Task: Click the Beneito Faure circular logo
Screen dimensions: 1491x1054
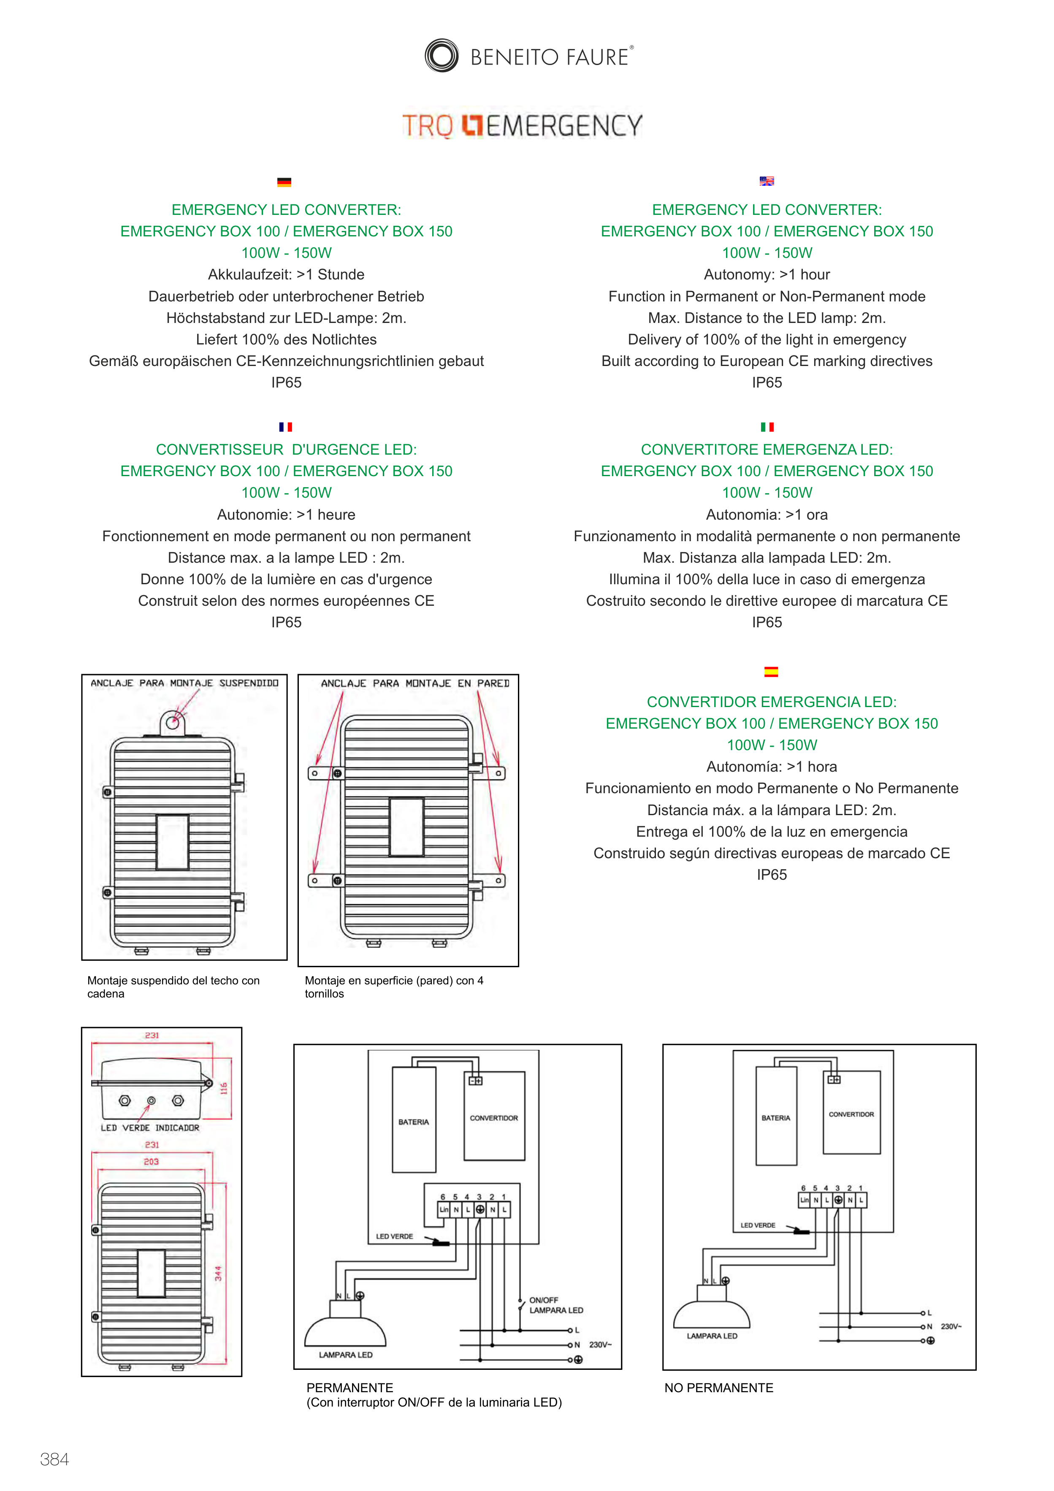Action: click(x=442, y=55)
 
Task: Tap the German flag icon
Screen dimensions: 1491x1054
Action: click(x=284, y=182)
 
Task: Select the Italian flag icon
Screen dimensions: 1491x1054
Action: click(x=767, y=427)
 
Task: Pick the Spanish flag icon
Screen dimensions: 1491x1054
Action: click(x=771, y=672)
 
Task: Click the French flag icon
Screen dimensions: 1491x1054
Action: click(x=286, y=427)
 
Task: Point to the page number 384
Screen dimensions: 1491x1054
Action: click(x=54, y=1459)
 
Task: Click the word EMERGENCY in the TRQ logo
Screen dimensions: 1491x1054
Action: click(x=564, y=125)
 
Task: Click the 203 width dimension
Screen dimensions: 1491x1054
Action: click(x=151, y=1162)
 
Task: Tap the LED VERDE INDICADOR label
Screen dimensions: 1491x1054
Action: click(x=150, y=1128)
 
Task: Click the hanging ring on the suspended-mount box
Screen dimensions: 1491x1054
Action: click(x=173, y=722)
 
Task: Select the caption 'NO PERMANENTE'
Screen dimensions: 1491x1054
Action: click(x=718, y=1388)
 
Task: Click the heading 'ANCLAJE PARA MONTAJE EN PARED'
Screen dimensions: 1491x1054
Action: click(x=415, y=683)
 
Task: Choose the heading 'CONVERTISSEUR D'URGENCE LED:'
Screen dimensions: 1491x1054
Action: click(x=286, y=450)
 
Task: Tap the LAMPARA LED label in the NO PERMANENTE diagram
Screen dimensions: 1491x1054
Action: click(x=712, y=1336)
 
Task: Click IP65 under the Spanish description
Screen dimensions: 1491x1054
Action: click(x=772, y=875)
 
